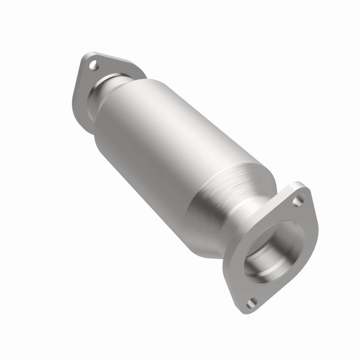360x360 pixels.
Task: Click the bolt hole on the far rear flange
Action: coord(94,66)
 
